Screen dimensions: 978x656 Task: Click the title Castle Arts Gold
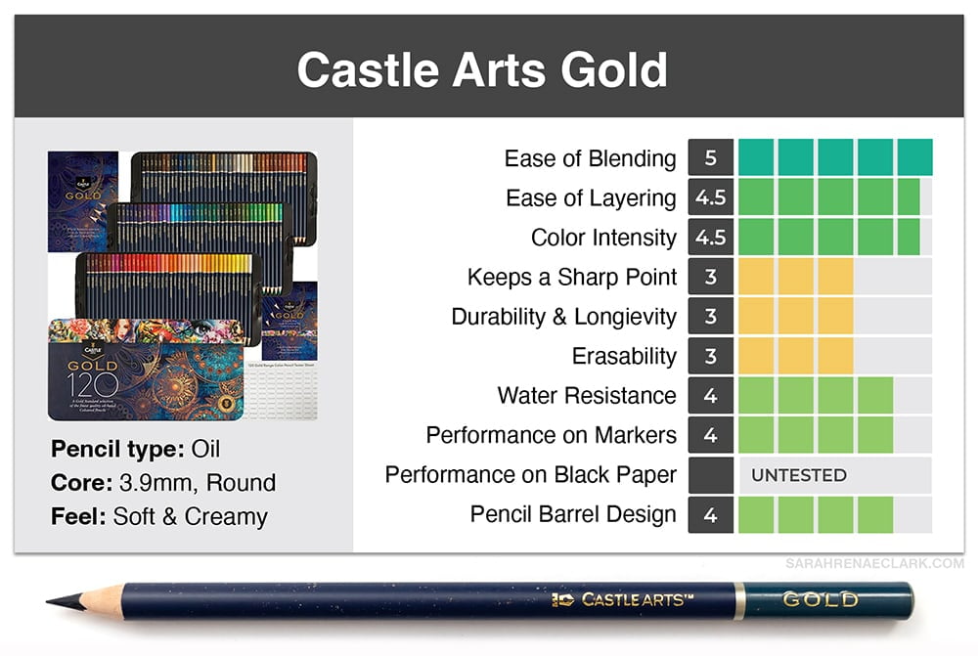tap(482, 69)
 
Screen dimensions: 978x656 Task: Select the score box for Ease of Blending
tap(710, 157)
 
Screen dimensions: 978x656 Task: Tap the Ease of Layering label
tap(591, 198)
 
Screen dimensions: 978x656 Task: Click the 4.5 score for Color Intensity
tap(710, 237)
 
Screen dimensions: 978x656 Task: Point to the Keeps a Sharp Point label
tap(572, 277)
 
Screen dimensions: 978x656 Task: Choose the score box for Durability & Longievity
tap(710, 316)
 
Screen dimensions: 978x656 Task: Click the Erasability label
tap(624, 356)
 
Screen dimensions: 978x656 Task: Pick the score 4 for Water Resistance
tap(710, 395)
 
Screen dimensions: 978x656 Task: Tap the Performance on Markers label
tap(551, 435)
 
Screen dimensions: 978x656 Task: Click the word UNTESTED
tap(799, 475)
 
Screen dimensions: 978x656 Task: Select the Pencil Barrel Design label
tap(572, 514)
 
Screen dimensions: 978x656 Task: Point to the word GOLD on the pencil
tap(821, 599)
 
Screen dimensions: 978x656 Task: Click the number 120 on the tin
tap(92, 385)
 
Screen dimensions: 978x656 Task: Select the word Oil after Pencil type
tap(205, 449)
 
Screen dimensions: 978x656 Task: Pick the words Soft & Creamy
tap(191, 516)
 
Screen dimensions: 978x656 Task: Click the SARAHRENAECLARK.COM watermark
tap(874, 564)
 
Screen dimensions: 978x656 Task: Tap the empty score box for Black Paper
tap(710, 475)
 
